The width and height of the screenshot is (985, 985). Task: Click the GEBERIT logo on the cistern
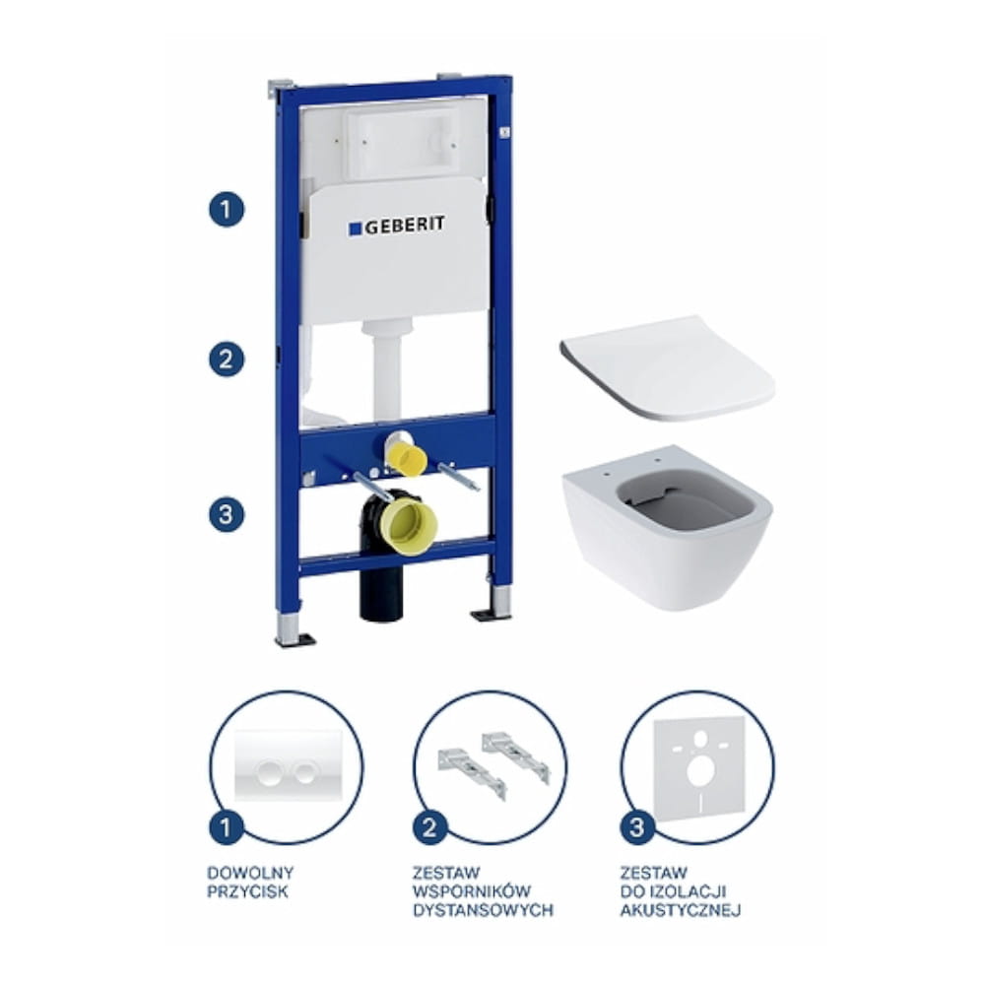(397, 226)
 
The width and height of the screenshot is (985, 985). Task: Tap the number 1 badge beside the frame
(227, 209)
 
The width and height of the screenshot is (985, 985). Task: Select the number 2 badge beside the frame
(227, 360)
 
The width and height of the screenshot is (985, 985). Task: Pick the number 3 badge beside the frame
(227, 514)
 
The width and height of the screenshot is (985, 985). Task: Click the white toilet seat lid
(668, 367)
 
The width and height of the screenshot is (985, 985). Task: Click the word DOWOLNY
(250, 873)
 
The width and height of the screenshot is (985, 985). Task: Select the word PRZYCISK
(247, 890)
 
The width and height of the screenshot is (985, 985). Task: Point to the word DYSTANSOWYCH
(483, 909)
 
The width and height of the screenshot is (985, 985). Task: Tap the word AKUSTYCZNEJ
(681, 909)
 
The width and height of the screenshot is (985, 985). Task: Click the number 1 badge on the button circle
(227, 826)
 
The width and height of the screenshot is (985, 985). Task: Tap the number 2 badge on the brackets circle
(430, 826)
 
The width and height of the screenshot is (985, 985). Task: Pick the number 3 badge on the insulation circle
(637, 826)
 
